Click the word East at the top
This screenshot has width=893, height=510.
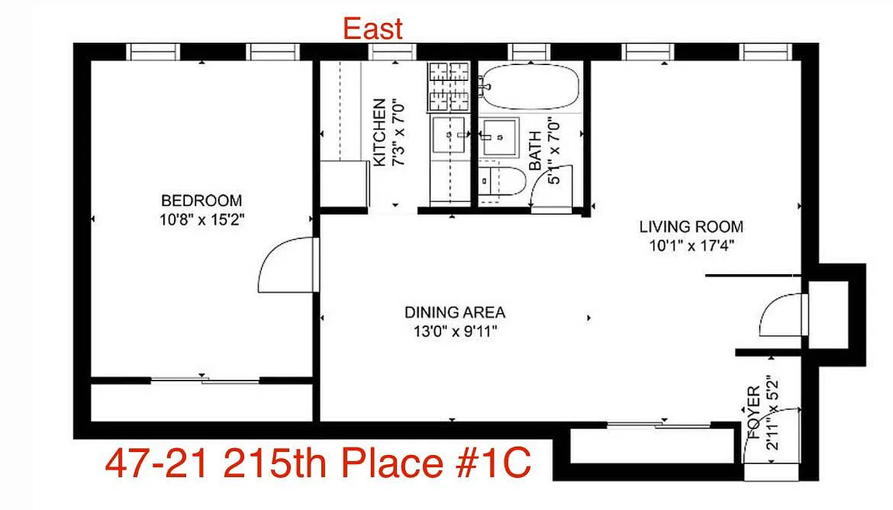(373, 29)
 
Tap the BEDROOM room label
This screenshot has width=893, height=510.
(201, 201)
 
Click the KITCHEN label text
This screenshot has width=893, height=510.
(379, 133)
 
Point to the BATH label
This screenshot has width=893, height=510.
(535, 150)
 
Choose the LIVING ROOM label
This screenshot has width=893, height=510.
(691, 226)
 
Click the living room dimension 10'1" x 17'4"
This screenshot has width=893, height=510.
(691, 246)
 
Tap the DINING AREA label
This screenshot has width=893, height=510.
(454, 312)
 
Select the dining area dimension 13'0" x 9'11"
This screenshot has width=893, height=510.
(454, 331)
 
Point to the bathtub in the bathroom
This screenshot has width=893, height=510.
(530, 86)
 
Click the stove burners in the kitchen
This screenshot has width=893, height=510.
(449, 86)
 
